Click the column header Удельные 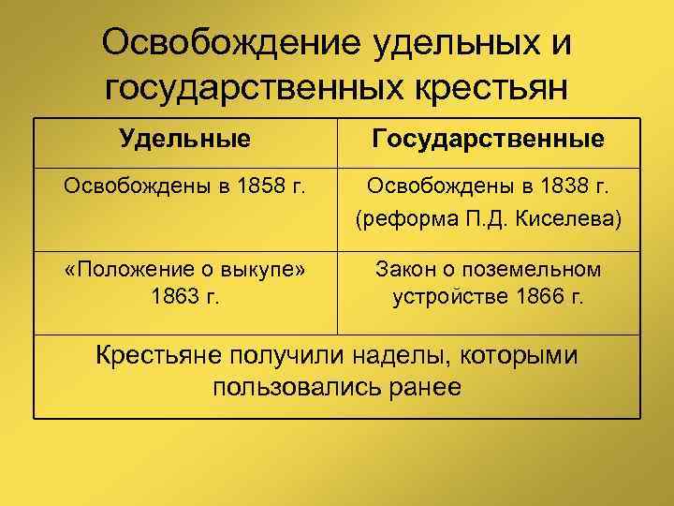185,140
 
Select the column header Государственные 487,140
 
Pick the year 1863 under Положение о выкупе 175,298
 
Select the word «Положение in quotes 116,270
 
